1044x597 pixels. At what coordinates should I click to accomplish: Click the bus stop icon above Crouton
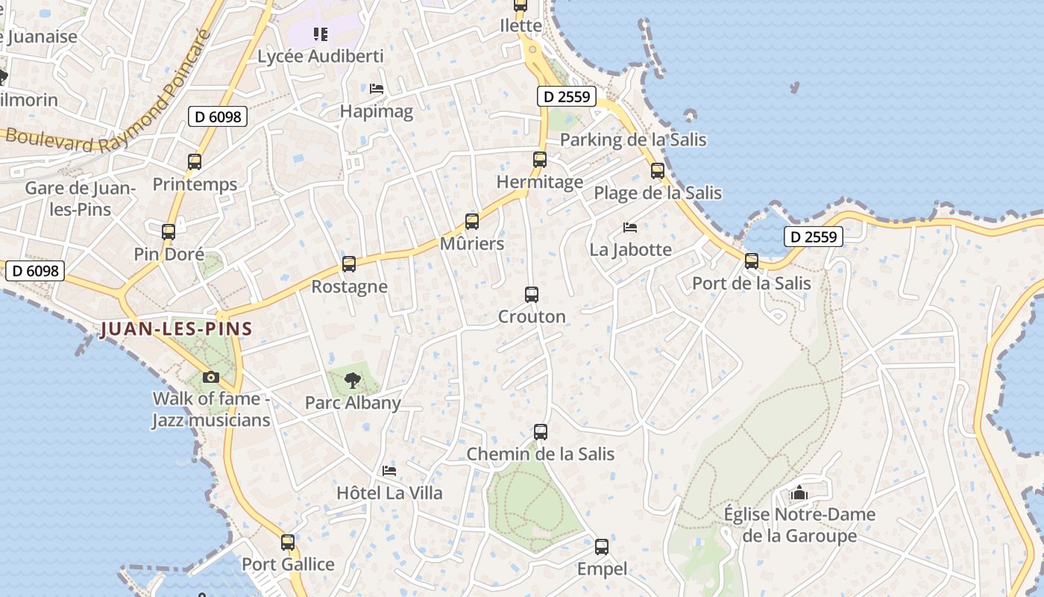pyautogui.click(x=532, y=295)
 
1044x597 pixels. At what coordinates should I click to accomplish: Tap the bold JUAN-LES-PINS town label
pyautogui.click(x=176, y=328)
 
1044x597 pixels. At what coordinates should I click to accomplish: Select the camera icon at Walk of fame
pyautogui.click(x=211, y=378)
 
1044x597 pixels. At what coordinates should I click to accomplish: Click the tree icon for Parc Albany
pyautogui.click(x=353, y=381)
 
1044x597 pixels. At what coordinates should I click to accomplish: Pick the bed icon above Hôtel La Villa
pyautogui.click(x=389, y=471)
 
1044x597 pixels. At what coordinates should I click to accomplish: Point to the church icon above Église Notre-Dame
pyautogui.click(x=799, y=493)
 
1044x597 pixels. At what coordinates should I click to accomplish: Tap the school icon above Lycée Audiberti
pyautogui.click(x=321, y=34)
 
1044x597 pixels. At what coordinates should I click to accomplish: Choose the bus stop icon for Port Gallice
pyautogui.click(x=288, y=543)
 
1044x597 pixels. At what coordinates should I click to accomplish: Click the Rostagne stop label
pyautogui.click(x=349, y=287)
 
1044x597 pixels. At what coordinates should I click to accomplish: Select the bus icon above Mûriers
pyautogui.click(x=472, y=222)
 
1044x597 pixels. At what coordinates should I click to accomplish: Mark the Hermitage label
pyautogui.click(x=540, y=182)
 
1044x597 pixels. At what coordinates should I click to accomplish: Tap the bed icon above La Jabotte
pyautogui.click(x=630, y=227)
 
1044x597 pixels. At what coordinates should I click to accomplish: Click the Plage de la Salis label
pyautogui.click(x=658, y=193)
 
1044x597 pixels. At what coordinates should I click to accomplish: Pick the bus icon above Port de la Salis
pyautogui.click(x=752, y=261)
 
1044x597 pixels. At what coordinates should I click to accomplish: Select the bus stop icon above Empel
pyautogui.click(x=602, y=547)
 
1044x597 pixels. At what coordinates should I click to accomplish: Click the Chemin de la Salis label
pyautogui.click(x=541, y=454)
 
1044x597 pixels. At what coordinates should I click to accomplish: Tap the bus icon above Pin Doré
pyautogui.click(x=169, y=232)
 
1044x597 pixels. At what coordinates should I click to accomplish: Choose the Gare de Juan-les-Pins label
pyautogui.click(x=81, y=199)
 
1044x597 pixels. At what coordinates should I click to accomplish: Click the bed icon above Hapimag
pyautogui.click(x=377, y=89)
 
